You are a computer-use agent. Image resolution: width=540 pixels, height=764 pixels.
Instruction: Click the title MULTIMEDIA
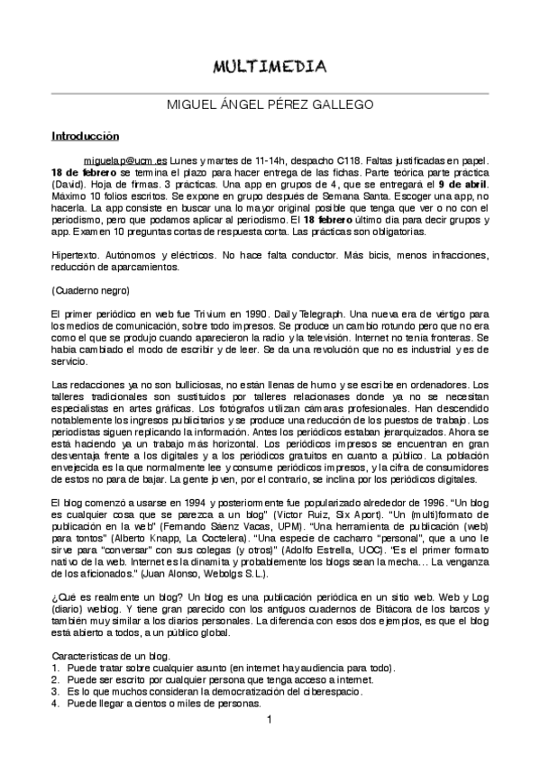point(270,67)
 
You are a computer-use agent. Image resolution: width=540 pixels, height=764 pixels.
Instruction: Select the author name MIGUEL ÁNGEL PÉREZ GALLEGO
point(270,105)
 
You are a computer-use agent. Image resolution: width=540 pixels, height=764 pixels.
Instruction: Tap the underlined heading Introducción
point(84,137)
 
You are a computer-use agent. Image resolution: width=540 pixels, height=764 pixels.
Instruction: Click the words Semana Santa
point(353,195)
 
